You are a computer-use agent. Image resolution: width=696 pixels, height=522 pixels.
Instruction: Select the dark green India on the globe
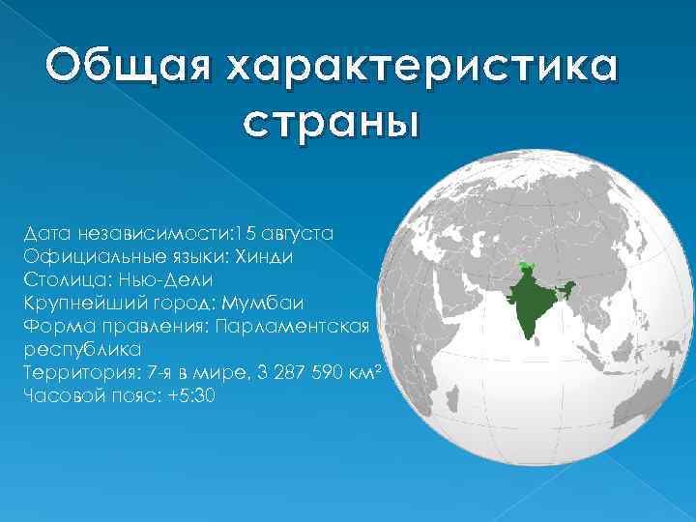pos(530,301)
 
